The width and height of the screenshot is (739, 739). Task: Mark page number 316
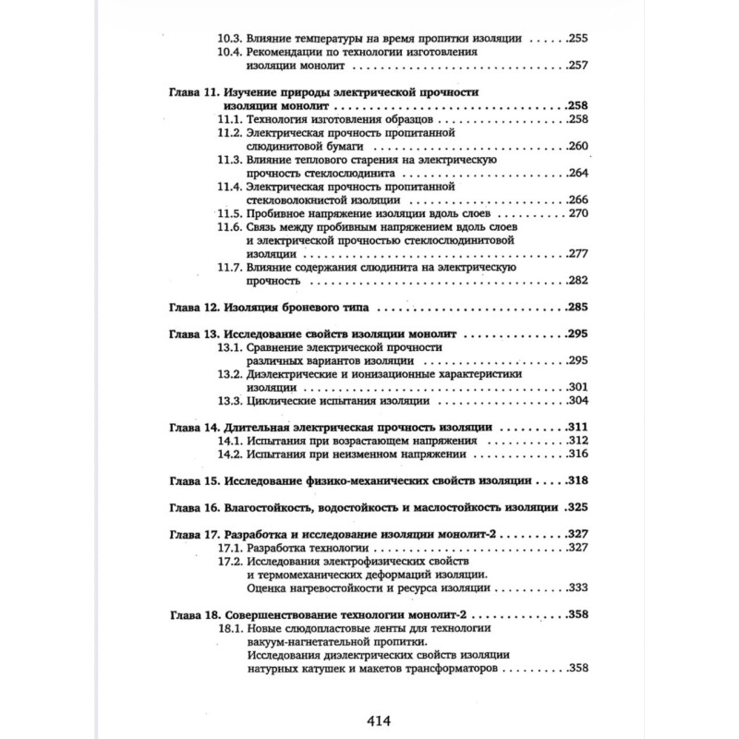(x=578, y=454)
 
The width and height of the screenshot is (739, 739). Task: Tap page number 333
(x=578, y=588)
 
